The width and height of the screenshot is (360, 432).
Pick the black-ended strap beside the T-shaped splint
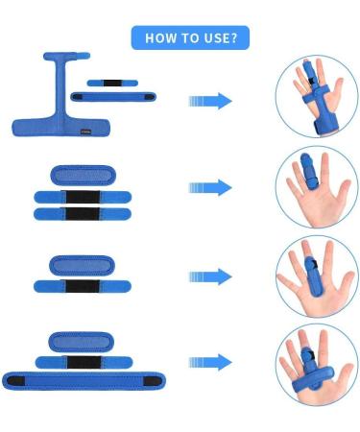tap(124, 97)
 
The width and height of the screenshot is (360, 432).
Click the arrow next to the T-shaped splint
tap(210, 101)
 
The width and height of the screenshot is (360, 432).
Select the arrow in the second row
tap(210, 188)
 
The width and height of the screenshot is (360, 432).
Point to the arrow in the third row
tap(210, 276)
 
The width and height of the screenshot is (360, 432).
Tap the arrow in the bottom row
tap(210, 362)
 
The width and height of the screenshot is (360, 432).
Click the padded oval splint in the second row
tap(82, 177)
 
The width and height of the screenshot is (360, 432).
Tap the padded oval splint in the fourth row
tap(82, 342)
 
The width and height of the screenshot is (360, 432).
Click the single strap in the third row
tap(82, 285)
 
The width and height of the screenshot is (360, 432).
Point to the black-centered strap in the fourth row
tap(82, 362)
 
